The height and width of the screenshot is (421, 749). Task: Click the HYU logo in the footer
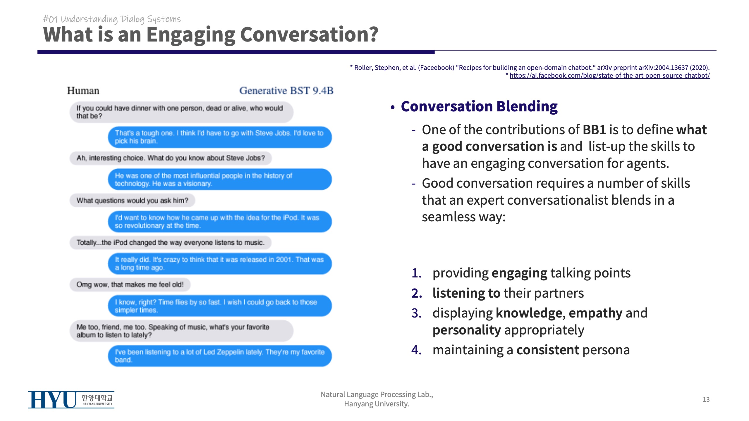click(x=71, y=400)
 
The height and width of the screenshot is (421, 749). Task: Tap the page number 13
click(x=706, y=399)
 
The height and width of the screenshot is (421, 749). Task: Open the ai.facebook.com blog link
click(x=609, y=75)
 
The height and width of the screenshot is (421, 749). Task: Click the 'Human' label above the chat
click(x=83, y=91)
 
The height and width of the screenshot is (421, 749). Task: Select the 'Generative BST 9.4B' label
click(x=286, y=91)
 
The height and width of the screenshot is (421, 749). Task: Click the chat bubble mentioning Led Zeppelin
click(x=220, y=356)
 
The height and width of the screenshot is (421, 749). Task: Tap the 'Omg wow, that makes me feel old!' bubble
click(x=130, y=284)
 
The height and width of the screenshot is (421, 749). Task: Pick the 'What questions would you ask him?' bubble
click(x=132, y=201)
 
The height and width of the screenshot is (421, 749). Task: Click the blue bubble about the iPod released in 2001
click(x=220, y=263)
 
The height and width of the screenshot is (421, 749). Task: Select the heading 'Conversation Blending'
click(x=479, y=106)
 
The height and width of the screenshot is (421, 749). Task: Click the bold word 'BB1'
click(x=594, y=130)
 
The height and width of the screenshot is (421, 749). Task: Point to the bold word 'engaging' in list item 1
click(x=519, y=273)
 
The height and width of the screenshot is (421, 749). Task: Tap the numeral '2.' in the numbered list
click(x=417, y=293)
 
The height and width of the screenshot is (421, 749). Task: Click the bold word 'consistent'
click(x=548, y=350)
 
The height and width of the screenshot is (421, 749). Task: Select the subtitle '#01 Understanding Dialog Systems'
click(x=112, y=19)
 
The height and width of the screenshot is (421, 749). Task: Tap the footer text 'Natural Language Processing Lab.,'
click(x=377, y=395)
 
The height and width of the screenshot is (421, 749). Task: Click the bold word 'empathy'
click(x=595, y=313)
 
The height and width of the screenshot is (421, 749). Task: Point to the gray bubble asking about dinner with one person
click(x=181, y=112)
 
